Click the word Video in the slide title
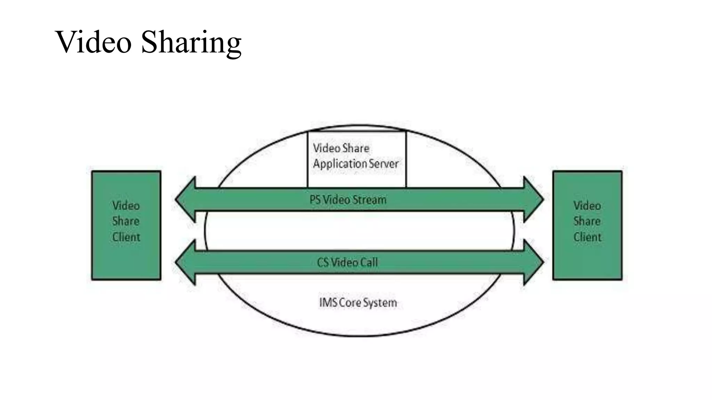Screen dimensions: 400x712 click(93, 42)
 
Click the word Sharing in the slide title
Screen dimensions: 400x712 click(191, 43)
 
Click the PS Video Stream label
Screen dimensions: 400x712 click(348, 200)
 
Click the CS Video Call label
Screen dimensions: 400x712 click(347, 262)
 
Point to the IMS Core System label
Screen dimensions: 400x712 click(358, 302)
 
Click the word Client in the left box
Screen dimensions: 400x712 click(126, 237)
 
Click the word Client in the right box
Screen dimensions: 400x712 click(587, 237)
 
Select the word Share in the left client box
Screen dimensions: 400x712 click(126, 221)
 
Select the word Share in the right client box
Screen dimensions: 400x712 click(587, 221)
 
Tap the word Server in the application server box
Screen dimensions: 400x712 click(384, 164)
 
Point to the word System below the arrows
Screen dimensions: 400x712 click(380, 303)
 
